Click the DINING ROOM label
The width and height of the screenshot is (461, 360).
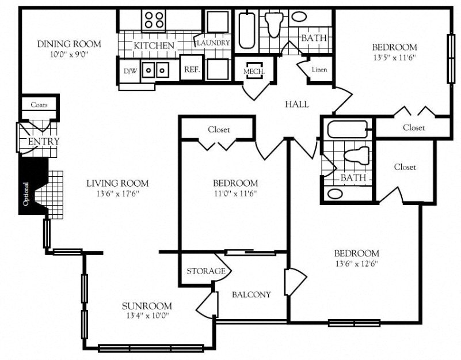pyautogui.click(x=68, y=44)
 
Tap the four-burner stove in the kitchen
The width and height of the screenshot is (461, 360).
pyautogui.click(x=154, y=21)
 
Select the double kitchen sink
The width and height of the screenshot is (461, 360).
pyautogui.click(x=155, y=70)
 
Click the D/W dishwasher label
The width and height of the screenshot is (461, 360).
pyautogui.click(x=130, y=71)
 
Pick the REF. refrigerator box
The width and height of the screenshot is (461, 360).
pyautogui.click(x=191, y=70)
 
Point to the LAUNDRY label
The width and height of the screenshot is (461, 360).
pyautogui.click(x=214, y=43)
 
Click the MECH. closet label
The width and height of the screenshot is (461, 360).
pyautogui.click(x=254, y=71)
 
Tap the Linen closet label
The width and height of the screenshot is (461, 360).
pyautogui.click(x=319, y=70)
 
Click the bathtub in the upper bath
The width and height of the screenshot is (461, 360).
pyautogui.click(x=247, y=29)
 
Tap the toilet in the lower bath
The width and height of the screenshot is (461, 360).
pyautogui.click(x=355, y=156)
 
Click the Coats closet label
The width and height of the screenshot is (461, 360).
pyautogui.click(x=39, y=105)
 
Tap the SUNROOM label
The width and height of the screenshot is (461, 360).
pyautogui.click(x=147, y=306)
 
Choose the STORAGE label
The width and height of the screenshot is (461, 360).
pyautogui.click(x=205, y=271)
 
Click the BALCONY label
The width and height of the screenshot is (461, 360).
pyautogui.click(x=251, y=294)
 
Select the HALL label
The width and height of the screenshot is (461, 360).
pyautogui.click(x=297, y=104)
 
